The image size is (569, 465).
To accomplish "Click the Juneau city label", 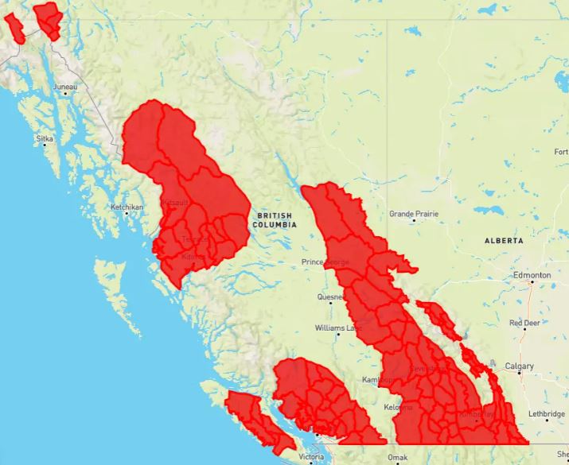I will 65,86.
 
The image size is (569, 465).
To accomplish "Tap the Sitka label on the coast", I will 45,138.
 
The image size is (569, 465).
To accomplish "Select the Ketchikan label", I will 127,207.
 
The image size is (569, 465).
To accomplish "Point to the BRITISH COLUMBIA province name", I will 274,220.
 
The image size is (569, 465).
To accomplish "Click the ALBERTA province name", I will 504,240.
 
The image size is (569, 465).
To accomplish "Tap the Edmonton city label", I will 532,275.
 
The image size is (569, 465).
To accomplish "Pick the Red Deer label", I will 525,324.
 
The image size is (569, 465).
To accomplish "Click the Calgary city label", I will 519,366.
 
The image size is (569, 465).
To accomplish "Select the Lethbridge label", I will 545,414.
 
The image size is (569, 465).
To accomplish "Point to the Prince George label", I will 325,262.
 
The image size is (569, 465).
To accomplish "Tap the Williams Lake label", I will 337,327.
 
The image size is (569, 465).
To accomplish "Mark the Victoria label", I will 311,458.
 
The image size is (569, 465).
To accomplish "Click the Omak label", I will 397,458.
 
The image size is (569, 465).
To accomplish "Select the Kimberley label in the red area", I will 476,414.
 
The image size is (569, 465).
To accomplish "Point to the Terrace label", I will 194,239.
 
